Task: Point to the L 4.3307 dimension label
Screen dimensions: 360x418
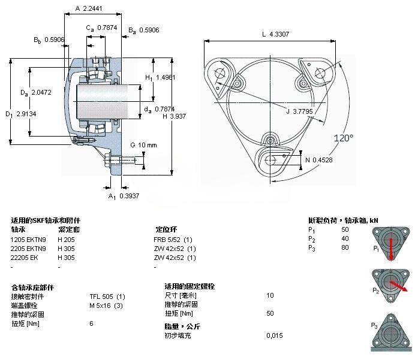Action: (275, 35)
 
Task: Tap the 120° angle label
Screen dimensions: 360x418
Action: (344, 138)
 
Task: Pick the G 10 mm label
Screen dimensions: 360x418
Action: (143, 145)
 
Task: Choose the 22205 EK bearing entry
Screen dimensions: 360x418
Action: (24, 258)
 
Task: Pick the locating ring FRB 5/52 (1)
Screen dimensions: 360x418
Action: (175, 239)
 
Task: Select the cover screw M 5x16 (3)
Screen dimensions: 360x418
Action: (106, 305)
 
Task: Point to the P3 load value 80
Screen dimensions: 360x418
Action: (344, 248)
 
